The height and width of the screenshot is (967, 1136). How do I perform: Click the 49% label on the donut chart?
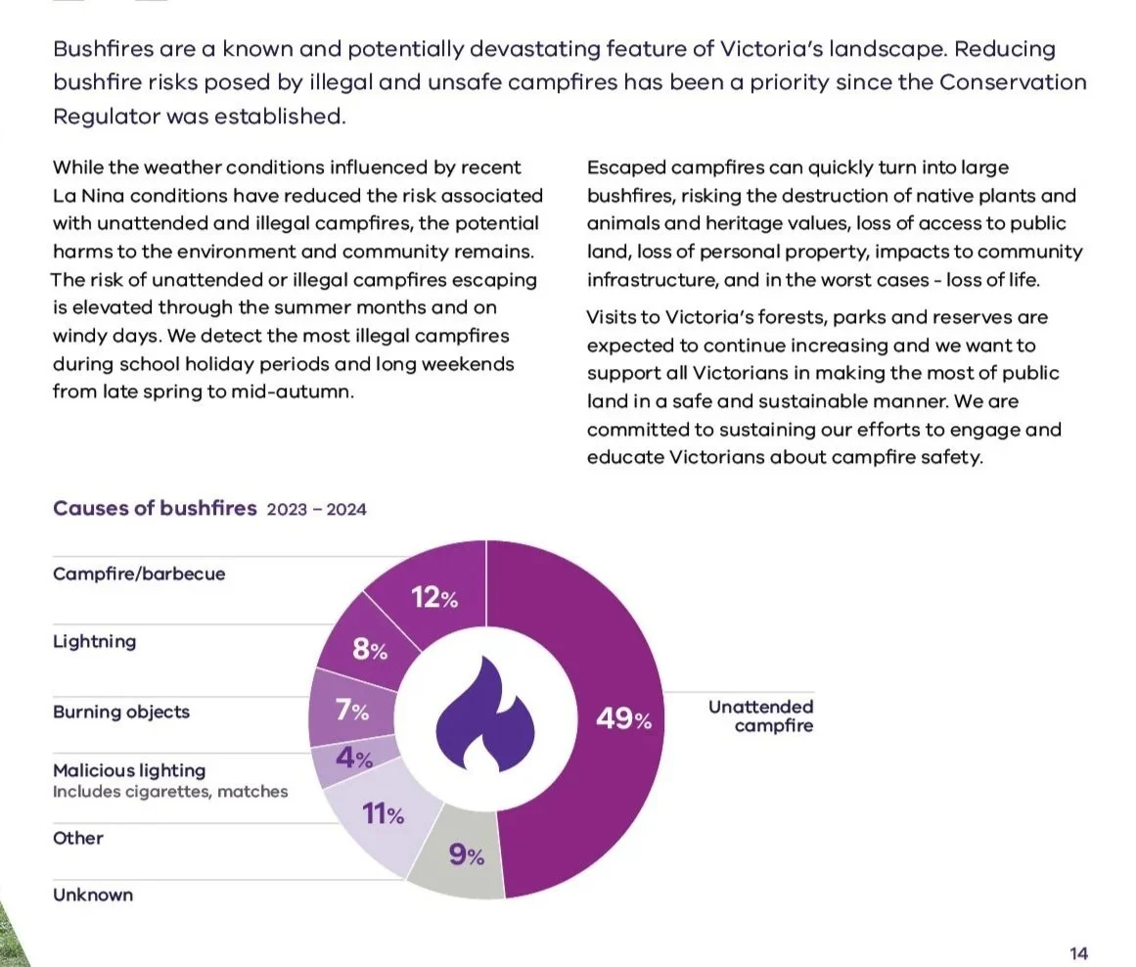(x=624, y=719)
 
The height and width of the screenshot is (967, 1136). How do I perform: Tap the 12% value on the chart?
(x=434, y=598)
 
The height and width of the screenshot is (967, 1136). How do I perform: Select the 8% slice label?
(x=370, y=650)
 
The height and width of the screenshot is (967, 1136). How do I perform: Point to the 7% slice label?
(x=352, y=711)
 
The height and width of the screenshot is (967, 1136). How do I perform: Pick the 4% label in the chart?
(x=354, y=759)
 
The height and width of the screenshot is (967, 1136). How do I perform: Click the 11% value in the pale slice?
(x=384, y=814)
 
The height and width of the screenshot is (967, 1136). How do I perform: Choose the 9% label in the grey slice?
(x=467, y=855)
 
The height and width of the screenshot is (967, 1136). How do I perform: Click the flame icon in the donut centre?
(x=484, y=714)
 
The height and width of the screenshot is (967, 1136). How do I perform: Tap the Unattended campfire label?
(x=760, y=716)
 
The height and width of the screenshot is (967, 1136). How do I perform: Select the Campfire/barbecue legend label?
(x=139, y=574)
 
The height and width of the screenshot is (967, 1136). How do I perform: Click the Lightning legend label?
(x=94, y=641)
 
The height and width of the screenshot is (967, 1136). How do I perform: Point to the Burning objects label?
(x=121, y=712)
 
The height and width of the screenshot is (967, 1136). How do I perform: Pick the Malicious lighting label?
(x=129, y=770)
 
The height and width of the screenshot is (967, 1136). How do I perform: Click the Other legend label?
(x=78, y=838)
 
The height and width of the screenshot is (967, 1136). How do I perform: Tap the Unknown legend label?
(x=93, y=895)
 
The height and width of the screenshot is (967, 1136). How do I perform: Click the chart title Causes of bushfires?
(x=155, y=508)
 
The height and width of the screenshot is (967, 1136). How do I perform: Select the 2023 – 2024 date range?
(x=317, y=510)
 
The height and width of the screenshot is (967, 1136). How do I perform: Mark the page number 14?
(x=1079, y=953)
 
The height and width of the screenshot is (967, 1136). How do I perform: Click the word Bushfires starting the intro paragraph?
(x=104, y=49)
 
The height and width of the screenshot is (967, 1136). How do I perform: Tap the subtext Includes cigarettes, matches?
(x=170, y=792)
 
